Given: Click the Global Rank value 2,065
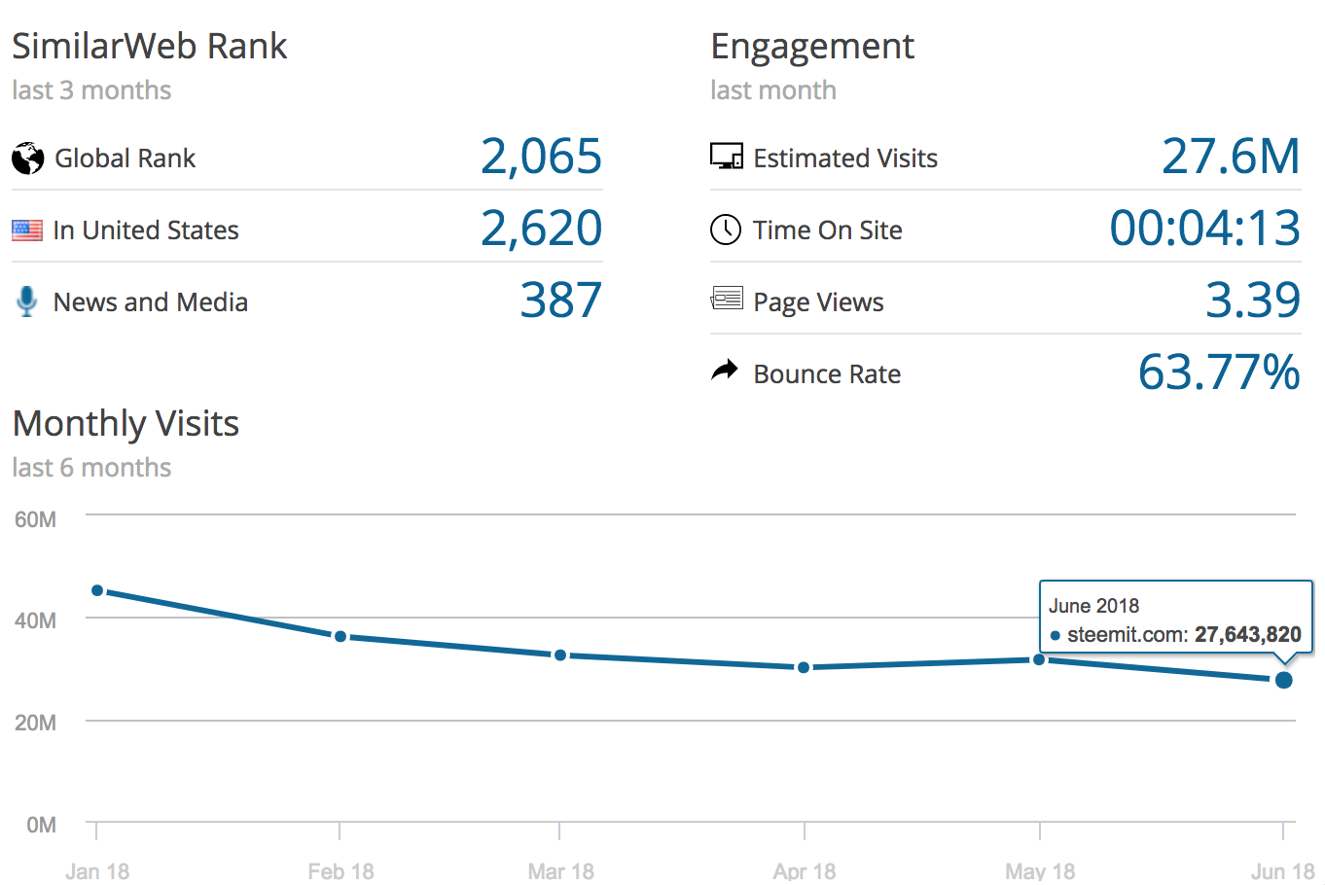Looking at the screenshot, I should (x=541, y=157).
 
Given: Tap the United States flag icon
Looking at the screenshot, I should (x=27, y=230).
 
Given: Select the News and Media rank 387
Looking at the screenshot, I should (x=560, y=301).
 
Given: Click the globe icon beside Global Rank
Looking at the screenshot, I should (x=28, y=158).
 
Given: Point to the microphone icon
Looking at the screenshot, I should (x=27, y=301).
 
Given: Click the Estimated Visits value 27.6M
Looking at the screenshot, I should (x=1231, y=157).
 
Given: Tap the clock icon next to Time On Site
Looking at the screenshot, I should (x=726, y=230).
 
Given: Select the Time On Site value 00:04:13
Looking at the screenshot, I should (x=1204, y=229).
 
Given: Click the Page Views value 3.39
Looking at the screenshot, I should (x=1252, y=301).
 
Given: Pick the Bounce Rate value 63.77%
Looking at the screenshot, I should (x=1219, y=372).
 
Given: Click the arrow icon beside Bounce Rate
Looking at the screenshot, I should (x=725, y=371).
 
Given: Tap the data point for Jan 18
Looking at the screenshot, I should (x=97, y=590).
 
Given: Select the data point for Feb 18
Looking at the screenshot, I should (x=340, y=636).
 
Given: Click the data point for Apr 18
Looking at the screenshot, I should (x=804, y=667).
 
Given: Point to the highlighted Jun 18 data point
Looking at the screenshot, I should (x=1283, y=680).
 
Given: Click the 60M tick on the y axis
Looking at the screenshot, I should (x=36, y=519).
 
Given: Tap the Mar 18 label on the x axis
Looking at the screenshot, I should (x=560, y=870).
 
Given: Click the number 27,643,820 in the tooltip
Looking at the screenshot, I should (x=1247, y=635).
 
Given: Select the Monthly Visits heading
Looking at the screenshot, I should (x=125, y=424).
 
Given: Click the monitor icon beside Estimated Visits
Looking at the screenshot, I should (x=726, y=157).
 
